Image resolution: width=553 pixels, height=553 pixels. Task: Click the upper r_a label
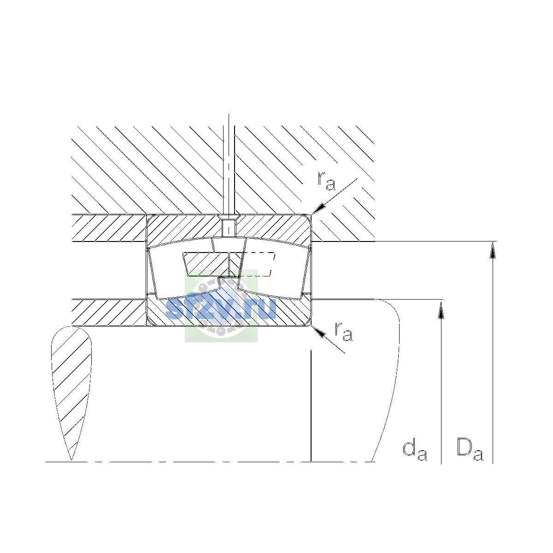click(x=326, y=181)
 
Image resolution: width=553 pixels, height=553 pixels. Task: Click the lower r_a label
click(x=344, y=332)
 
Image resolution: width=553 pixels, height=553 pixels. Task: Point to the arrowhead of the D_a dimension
click(x=493, y=250)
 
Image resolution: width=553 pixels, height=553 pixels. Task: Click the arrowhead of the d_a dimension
click(x=441, y=309)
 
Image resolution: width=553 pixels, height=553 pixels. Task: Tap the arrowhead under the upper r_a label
click(x=319, y=208)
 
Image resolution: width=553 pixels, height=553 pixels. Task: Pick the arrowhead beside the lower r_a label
click(x=318, y=332)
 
